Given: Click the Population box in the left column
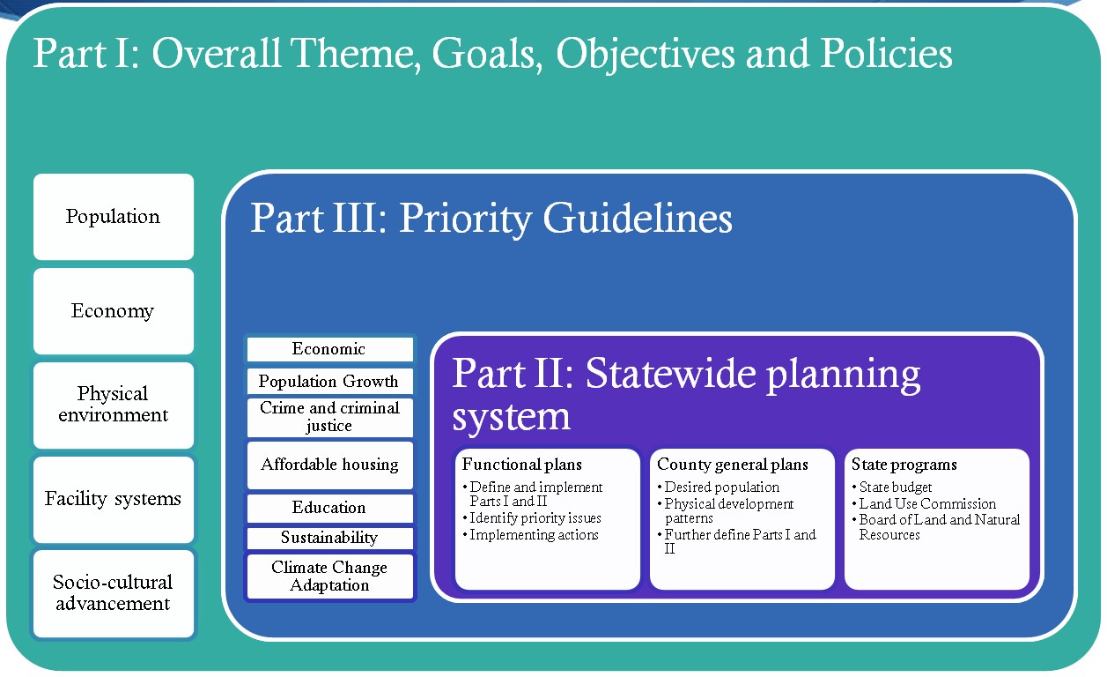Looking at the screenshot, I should [113, 217].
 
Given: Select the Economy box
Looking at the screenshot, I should [113, 311].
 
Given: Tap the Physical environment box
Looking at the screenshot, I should [113, 405].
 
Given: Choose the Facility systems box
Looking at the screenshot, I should [113, 499].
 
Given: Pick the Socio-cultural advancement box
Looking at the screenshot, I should [113, 593].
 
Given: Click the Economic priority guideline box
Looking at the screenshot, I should [328, 349].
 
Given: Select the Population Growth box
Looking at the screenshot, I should [328, 382].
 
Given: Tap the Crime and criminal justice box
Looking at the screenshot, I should [328, 417].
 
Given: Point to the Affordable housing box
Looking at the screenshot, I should [328, 465].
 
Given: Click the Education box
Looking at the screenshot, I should [328, 508].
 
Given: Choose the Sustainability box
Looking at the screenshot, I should [328, 538].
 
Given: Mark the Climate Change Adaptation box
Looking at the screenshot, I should [328, 577].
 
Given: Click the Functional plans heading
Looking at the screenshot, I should [522, 465].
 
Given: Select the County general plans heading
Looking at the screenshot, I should [733, 465].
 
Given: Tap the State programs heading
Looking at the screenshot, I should [904, 465].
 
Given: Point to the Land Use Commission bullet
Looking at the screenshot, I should [927, 504].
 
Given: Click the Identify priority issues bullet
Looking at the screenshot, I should [535, 518].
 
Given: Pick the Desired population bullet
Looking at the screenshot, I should [721, 487].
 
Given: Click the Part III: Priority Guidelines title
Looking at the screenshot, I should [491, 218].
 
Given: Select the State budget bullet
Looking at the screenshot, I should [896, 487].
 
